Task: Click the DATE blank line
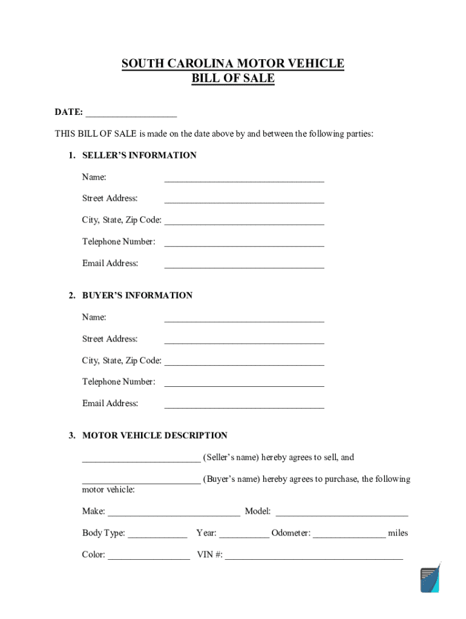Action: tap(131, 113)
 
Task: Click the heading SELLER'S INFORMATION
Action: tap(139, 155)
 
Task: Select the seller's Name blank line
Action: tap(244, 178)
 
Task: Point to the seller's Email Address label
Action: tap(110, 264)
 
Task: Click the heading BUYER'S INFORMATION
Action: tap(137, 296)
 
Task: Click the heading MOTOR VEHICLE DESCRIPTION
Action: tap(155, 436)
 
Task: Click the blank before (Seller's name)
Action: tap(141, 459)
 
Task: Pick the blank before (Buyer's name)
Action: tap(141, 481)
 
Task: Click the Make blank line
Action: tap(174, 513)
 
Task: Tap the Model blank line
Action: tap(342, 513)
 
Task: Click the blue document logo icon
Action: tap(430, 579)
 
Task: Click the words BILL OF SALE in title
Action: tap(233, 79)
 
